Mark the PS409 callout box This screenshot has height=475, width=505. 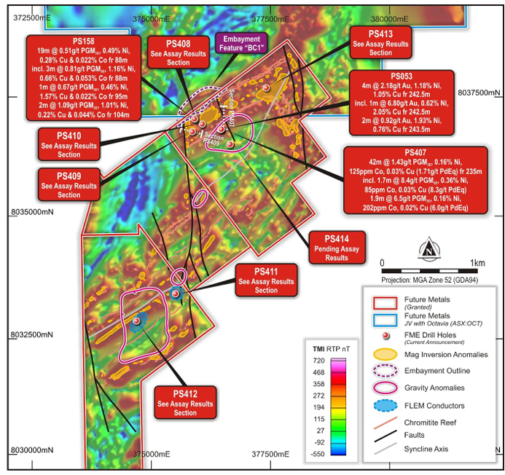point(69,184)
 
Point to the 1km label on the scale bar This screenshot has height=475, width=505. point(477,262)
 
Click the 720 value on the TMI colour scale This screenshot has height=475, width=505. point(318,361)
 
